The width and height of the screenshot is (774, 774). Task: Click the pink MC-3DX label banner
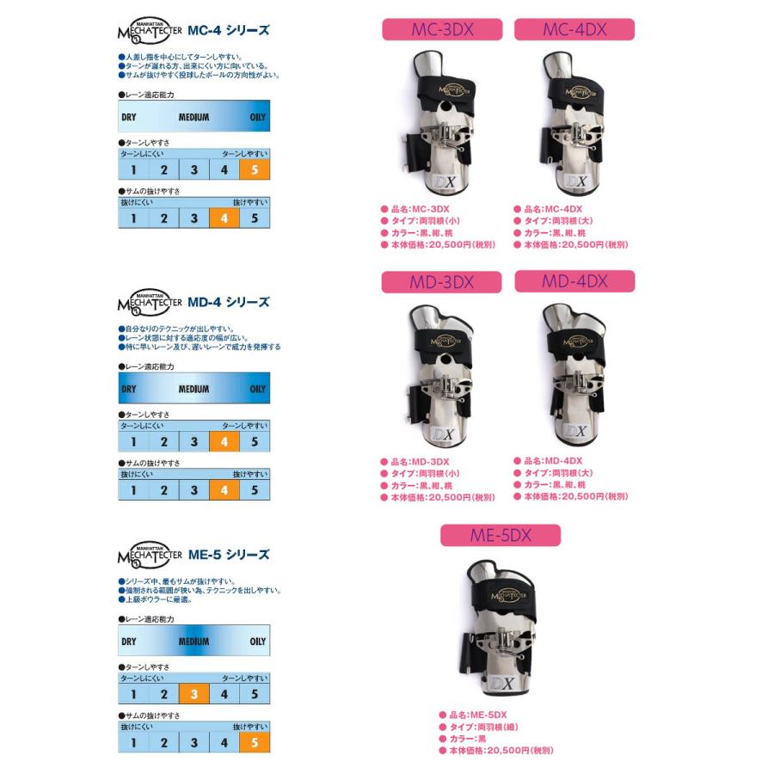pyautogui.click(x=441, y=30)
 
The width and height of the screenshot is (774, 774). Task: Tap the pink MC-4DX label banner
pyautogui.click(x=574, y=30)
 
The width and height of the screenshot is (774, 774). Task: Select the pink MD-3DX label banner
pyautogui.click(x=441, y=282)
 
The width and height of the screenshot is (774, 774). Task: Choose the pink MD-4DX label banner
pyautogui.click(x=574, y=281)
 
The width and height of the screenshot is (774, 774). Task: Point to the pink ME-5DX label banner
pyautogui.click(x=500, y=535)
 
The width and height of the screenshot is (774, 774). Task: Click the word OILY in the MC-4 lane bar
pyautogui.click(x=257, y=117)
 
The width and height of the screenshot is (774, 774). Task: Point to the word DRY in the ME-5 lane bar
pyautogui.click(x=129, y=642)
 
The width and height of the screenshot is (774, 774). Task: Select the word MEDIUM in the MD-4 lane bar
pyautogui.click(x=193, y=389)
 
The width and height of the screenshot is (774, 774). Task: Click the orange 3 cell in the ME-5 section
pyautogui.click(x=194, y=694)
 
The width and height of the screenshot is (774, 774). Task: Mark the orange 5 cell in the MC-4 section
pyautogui.click(x=255, y=169)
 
